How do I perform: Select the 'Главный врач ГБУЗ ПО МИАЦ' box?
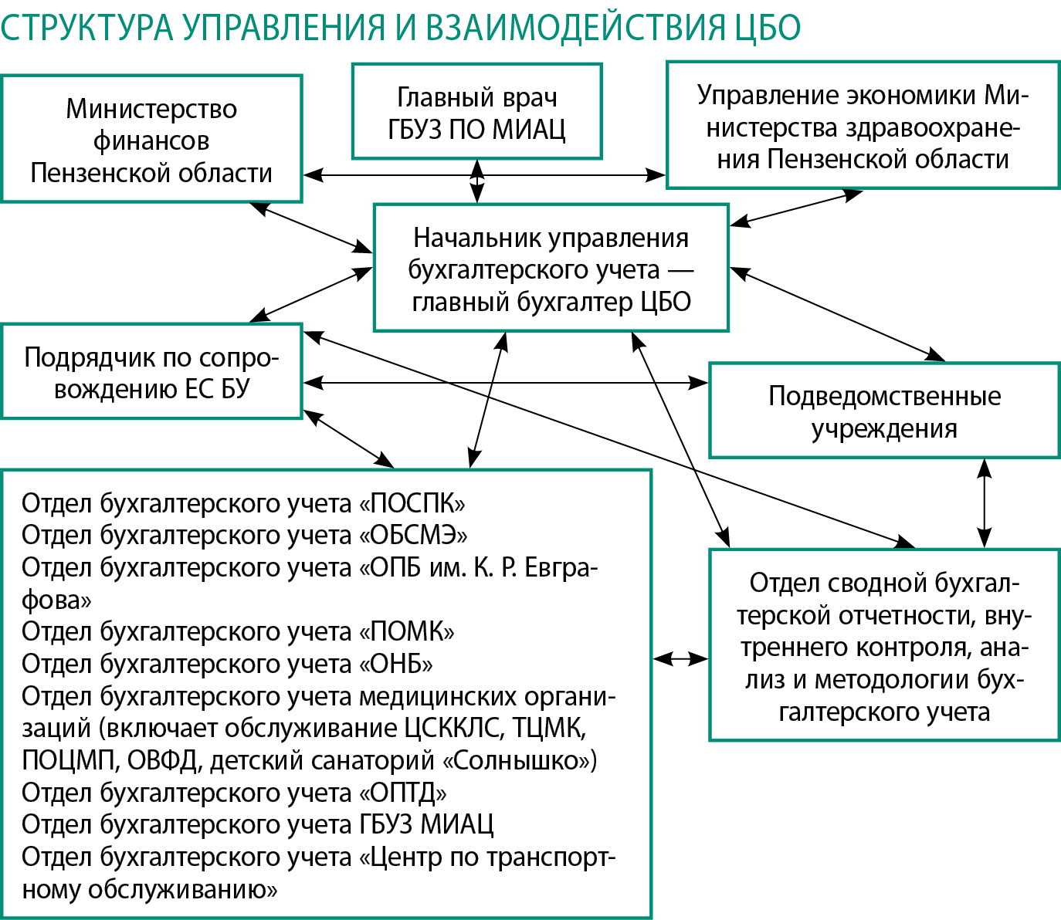tap(476, 112)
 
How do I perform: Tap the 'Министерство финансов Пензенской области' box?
tap(151, 140)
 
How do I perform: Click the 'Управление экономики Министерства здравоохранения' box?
tap(863, 126)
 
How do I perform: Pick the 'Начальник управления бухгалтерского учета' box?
tap(551, 269)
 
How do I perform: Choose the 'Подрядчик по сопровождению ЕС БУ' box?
tap(151, 372)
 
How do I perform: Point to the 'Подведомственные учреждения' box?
tap(884, 411)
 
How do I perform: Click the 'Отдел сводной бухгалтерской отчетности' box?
tap(884, 645)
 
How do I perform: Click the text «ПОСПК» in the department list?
tap(412, 503)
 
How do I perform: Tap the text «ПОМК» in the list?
tap(407, 631)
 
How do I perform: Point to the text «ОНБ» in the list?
tap(396, 664)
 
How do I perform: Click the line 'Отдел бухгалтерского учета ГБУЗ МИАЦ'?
tap(257, 824)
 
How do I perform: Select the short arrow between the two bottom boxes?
tap(680, 658)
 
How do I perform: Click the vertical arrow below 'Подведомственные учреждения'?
tap(984, 503)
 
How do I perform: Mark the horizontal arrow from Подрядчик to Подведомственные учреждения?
tap(506, 381)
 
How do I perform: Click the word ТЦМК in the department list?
tap(549, 728)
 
